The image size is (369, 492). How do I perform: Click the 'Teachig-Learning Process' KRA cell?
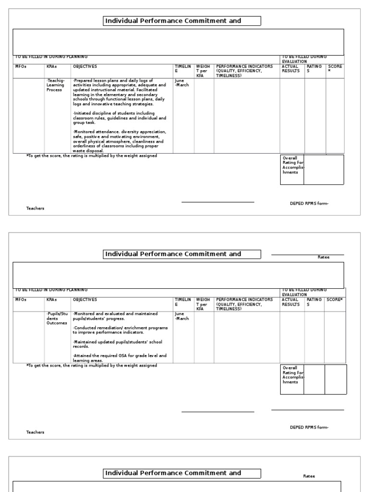pos(55,85)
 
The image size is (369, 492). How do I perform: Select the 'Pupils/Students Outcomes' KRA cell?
pos(57,318)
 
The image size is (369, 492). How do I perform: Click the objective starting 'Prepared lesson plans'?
pos(120,91)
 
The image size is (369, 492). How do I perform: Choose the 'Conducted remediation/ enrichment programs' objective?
pos(120,330)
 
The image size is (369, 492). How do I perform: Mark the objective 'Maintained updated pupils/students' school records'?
pos(117,344)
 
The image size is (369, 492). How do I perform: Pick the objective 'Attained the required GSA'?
pos(120,357)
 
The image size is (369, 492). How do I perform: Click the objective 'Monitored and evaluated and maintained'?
pos(115,316)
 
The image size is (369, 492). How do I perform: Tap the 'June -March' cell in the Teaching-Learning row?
pos(182,83)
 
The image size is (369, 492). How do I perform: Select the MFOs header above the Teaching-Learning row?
pos(21,66)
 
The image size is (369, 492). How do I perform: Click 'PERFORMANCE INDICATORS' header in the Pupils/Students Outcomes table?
pos(245,304)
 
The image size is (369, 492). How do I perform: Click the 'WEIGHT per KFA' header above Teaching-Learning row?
pos(202,71)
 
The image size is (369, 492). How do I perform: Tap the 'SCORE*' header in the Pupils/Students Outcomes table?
pos(335,299)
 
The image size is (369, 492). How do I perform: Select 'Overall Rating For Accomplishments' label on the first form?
pos(292,165)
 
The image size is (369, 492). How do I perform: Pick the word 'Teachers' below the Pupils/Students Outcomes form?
pos(35,432)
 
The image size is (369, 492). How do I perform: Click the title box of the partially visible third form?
pos(183,473)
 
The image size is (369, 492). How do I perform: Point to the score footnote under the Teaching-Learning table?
pos(91,156)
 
